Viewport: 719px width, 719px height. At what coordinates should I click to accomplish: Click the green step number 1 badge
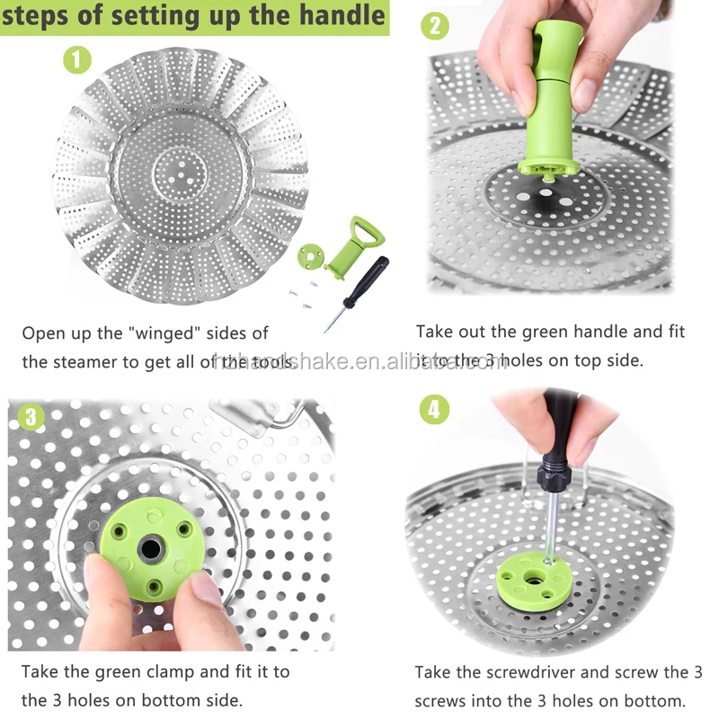coord(77,60)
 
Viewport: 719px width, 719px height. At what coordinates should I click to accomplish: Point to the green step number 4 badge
coord(434,410)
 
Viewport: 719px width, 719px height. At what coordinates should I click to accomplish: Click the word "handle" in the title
coord(339,16)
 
